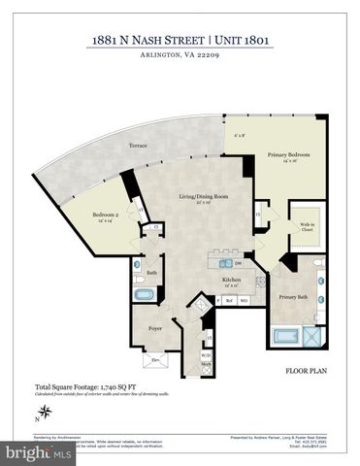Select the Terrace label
[x=139, y=146]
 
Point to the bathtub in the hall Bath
[x=145, y=293]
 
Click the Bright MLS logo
[x=36, y=453]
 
